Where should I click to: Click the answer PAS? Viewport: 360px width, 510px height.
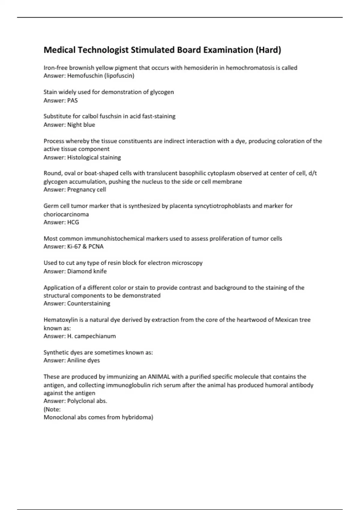tap(72, 100)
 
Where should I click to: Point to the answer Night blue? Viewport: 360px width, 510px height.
tap(81, 125)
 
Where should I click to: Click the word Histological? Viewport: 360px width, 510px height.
tap(82, 157)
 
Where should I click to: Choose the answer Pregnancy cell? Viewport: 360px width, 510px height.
tap(86, 190)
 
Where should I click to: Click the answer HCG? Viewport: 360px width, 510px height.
tap(73, 222)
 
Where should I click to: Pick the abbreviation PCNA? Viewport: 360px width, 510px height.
tap(96, 247)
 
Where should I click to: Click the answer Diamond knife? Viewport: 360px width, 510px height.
tap(87, 271)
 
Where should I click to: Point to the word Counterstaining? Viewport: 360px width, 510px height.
tap(88, 304)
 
